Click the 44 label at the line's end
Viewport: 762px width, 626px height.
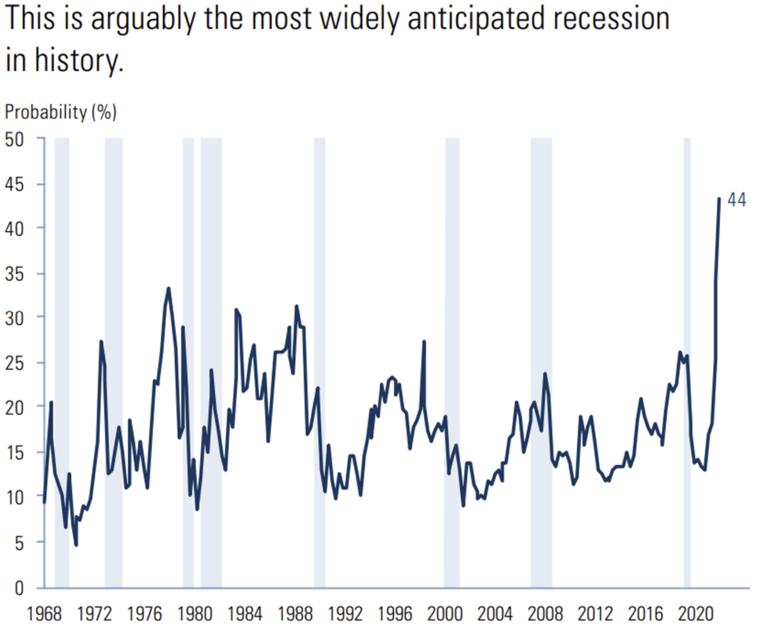click(x=737, y=200)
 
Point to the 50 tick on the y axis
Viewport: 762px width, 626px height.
click(x=14, y=140)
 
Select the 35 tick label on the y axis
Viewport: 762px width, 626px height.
click(x=14, y=274)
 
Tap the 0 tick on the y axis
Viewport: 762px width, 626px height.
click(x=19, y=588)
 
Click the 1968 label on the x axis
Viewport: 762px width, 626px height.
click(x=44, y=614)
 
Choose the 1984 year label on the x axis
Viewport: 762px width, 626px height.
click(x=244, y=614)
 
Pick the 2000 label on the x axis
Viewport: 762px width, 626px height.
click(x=445, y=614)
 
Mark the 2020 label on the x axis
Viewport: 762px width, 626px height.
click(x=696, y=614)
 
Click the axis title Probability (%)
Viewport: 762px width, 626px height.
click(x=61, y=112)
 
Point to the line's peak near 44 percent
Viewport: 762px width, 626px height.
click(x=719, y=199)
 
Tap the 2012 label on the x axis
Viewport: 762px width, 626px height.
click(x=595, y=614)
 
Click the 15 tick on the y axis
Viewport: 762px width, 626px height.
click(x=14, y=453)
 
